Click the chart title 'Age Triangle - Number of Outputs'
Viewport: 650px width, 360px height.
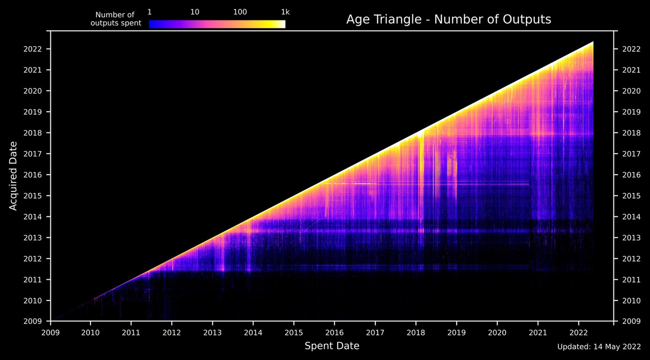[x=448, y=19]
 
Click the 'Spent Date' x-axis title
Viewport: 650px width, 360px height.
[x=332, y=346]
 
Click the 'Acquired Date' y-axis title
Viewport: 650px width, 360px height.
[x=13, y=176]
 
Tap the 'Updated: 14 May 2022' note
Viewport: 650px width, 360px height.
[x=599, y=347]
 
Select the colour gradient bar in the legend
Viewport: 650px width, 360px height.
[x=217, y=24]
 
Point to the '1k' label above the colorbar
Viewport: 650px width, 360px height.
[x=285, y=12]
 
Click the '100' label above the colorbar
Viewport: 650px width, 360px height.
[x=240, y=12]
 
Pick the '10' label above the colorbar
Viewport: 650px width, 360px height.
[x=194, y=12]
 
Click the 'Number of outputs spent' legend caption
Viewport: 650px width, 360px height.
[x=116, y=19]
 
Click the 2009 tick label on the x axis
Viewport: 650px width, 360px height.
[x=50, y=333]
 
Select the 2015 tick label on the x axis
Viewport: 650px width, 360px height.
[x=294, y=333]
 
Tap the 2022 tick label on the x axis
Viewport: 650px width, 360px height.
[x=578, y=333]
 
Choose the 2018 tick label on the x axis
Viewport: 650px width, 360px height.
[x=416, y=333]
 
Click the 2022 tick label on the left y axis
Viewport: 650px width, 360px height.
[x=32, y=49]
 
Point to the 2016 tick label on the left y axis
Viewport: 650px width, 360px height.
[x=32, y=175]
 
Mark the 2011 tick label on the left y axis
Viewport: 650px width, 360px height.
[x=32, y=280]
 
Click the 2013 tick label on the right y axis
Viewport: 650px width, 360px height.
[x=631, y=238]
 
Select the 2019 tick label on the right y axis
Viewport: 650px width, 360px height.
[x=631, y=112]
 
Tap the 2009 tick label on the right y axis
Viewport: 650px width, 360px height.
[x=631, y=321]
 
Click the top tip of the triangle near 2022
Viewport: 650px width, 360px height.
[x=593, y=42]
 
